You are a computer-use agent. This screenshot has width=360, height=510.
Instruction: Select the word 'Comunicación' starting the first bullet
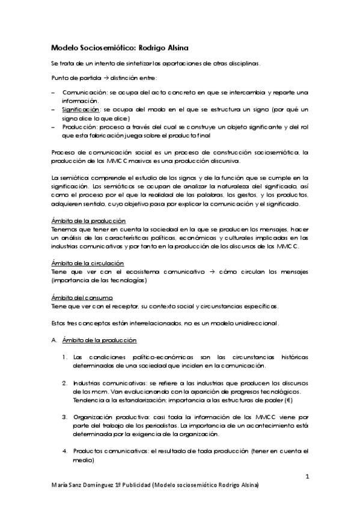coord(81,93)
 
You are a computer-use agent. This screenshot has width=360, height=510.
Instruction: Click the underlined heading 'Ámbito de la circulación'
coord(88,263)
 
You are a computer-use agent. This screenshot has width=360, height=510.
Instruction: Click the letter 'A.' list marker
coord(54,341)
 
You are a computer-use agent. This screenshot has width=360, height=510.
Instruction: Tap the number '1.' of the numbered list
coord(65,357)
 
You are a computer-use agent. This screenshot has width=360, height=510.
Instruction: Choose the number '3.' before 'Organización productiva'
coord(65,416)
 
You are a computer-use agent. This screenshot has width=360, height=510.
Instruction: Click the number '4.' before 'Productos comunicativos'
coord(65,450)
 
